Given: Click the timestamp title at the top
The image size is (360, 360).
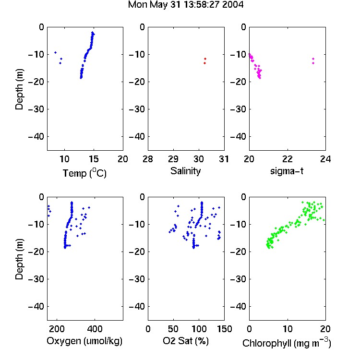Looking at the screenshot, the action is click(185, 5).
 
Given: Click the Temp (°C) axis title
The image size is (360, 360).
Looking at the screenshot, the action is click(84, 173).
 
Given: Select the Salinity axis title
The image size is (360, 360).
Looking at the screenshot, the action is click(185, 171).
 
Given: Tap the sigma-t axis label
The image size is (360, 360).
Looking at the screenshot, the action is click(287, 171).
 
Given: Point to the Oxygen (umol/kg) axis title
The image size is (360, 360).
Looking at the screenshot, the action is click(84, 341).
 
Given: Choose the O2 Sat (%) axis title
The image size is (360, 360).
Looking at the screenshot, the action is click(186, 341).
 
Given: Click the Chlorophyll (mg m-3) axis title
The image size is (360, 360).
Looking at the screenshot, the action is click(287, 343).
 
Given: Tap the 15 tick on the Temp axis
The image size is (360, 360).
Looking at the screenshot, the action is click(94, 159).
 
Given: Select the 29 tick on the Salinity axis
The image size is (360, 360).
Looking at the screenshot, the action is click(173, 159).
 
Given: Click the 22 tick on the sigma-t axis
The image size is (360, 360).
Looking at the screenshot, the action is click(288, 159).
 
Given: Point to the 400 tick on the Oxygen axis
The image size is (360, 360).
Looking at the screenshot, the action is click(95, 329).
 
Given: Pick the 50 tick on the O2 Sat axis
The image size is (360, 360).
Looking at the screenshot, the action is click(173, 329).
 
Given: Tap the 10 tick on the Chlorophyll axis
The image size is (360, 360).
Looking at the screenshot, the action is click(288, 329).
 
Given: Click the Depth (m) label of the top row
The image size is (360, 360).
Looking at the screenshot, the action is click(19, 89).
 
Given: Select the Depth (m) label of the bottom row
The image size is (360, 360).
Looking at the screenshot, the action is click(19, 259).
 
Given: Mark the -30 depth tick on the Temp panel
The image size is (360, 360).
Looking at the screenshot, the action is click(36, 109).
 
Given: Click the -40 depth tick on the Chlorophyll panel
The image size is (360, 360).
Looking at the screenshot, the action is click(238, 306).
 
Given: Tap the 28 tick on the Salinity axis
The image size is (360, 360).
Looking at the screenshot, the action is click(148, 159).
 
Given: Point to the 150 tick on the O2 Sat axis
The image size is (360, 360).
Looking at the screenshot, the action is click(224, 329).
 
